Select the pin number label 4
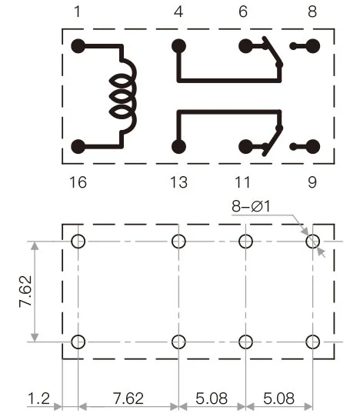tap(178, 12)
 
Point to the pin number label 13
tap(178, 183)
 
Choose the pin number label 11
tap(243, 183)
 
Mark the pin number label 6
tap(244, 12)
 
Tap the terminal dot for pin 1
tap(78, 46)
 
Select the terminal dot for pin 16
tap(78, 146)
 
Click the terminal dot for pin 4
tap(179, 46)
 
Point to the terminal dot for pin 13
tap(179, 146)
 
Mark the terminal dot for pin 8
tap(313, 46)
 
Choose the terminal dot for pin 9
tap(313, 146)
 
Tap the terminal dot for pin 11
tap(245, 146)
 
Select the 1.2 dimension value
tap(38, 400)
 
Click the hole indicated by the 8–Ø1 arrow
tap(312, 242)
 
